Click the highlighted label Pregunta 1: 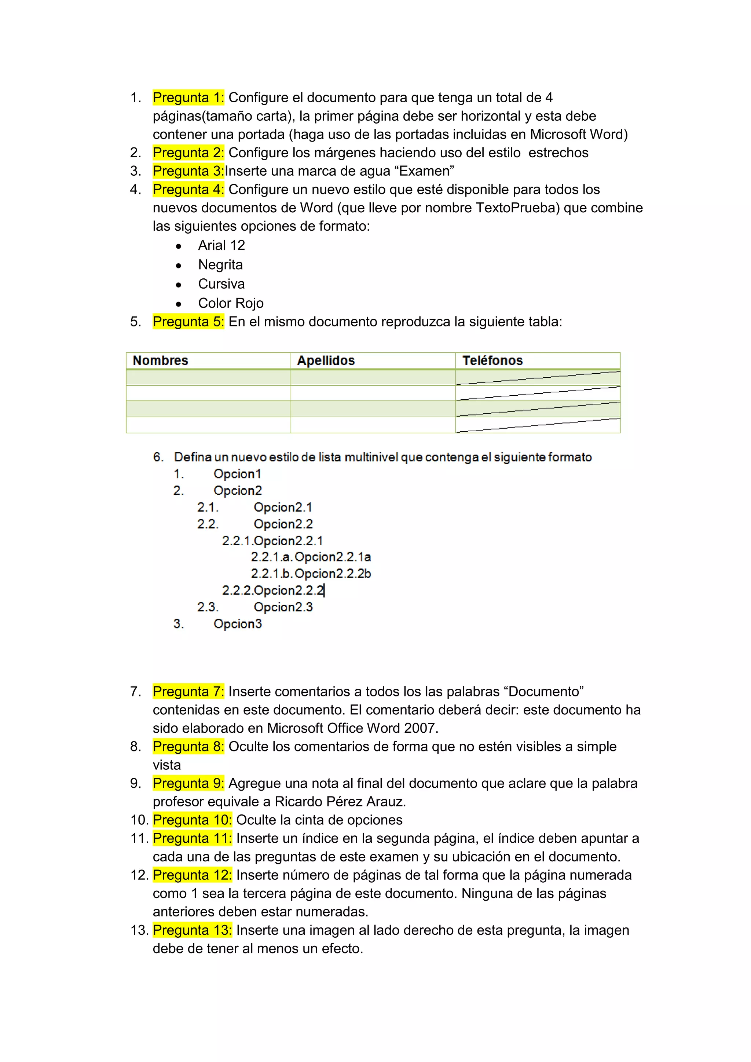[188, 98]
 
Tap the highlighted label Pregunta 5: [188, 322]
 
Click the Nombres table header [161, 360]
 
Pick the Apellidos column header [326, 360]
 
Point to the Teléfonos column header [492, 360]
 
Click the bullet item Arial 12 [221, 245]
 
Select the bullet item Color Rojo [231, 303]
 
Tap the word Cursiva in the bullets [221, 283]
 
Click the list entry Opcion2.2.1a [333, 557]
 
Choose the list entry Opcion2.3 [283, 607]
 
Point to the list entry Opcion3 [238, 623]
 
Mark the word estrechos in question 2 [558, 153]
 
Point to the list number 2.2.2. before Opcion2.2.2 [237, 590]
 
